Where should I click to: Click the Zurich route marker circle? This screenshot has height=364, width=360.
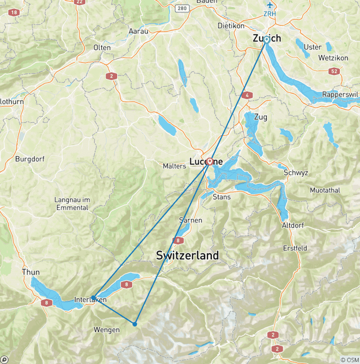[266, 40]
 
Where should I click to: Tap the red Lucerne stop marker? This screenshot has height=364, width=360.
[210, 161]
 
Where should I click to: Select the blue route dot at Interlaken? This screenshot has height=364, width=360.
[94, 297]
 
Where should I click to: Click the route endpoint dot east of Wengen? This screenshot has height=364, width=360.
[135, 324]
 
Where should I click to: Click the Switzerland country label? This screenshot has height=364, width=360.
[187, 256]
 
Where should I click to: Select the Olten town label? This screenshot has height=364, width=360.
[102, 47]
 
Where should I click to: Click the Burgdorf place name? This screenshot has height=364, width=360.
[30, 159]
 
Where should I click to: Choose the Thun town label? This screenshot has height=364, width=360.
[30, 272]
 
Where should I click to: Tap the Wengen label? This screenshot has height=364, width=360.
[106, 330]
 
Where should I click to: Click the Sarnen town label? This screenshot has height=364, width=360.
[191, 220]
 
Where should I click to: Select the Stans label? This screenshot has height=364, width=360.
[222, 197]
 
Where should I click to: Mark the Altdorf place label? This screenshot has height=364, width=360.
[293, 225]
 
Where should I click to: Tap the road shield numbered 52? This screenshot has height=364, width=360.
[333, 70]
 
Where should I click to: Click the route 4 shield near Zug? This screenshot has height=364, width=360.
[247, 95]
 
